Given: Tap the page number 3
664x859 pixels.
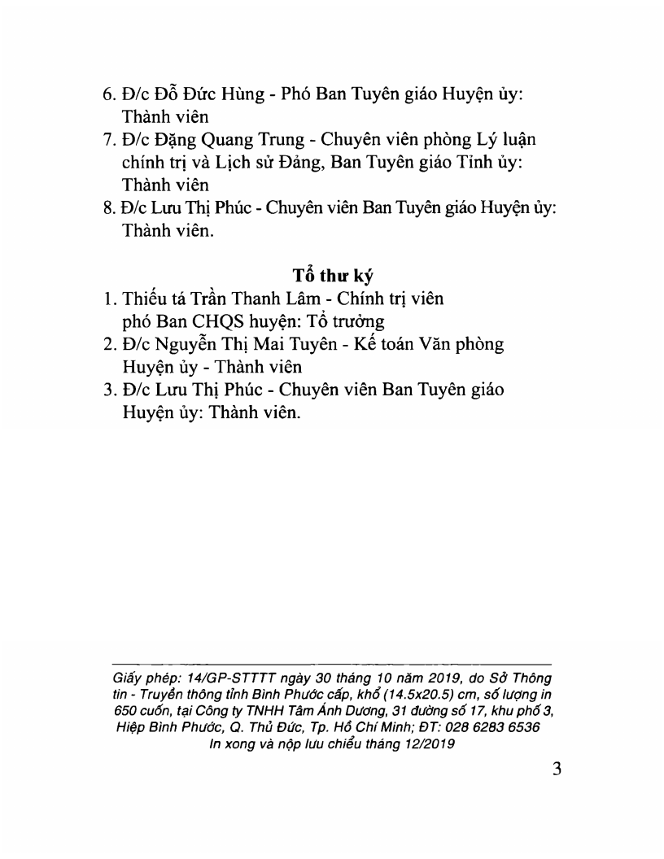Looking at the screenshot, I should point(557,769).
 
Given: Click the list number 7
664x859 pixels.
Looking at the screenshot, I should point(108,139).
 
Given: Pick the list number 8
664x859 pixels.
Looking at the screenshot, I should point(108,207).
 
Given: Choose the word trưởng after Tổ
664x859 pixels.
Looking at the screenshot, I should point(356,321).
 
